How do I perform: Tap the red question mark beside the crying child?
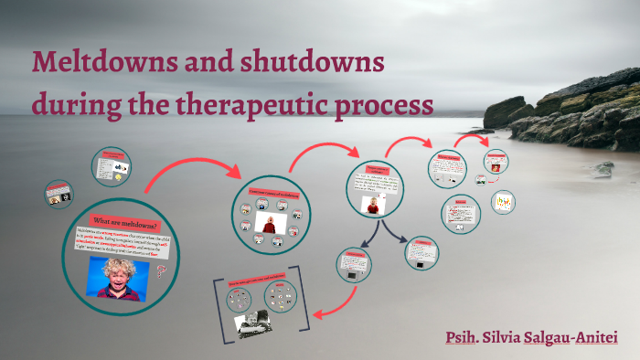click(x=161, y=271)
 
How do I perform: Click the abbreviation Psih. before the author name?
click(x=464, y=338)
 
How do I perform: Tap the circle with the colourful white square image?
click(x=502, y=202)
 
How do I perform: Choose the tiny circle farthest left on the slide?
click(x=55, y=194)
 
